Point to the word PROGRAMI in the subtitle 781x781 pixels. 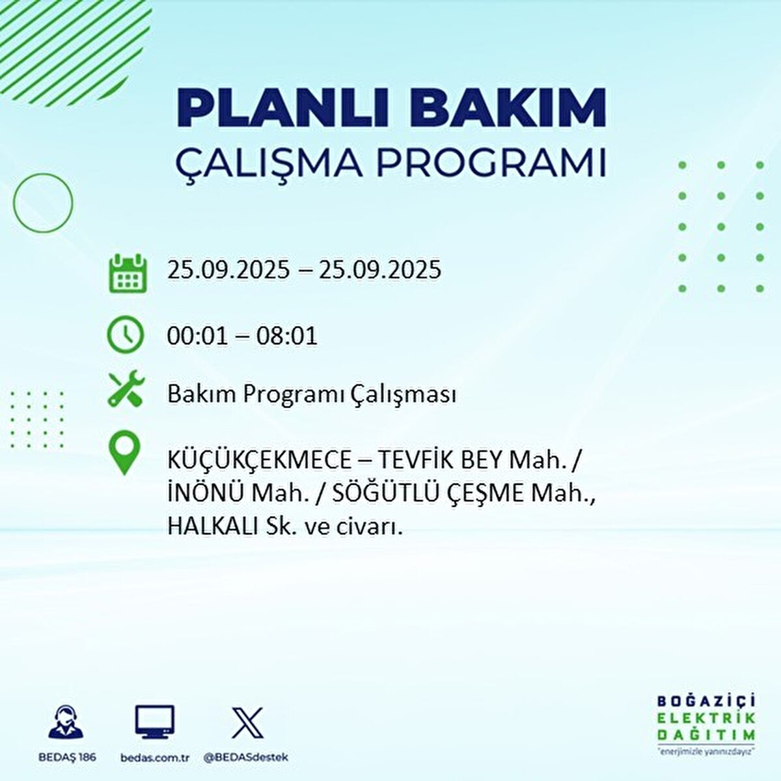click(491, 163)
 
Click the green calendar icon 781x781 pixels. click(126, 273)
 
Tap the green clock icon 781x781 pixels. click(126, 335)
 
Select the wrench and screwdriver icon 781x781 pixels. click(126, 389)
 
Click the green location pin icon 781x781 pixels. click(124, 454)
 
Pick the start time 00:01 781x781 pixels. click(197, 336)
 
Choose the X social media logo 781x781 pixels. click(247, 722)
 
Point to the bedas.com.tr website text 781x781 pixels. click(155, 758)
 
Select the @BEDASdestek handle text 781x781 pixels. click(246, 758)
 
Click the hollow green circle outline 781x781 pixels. click(43, 202)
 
